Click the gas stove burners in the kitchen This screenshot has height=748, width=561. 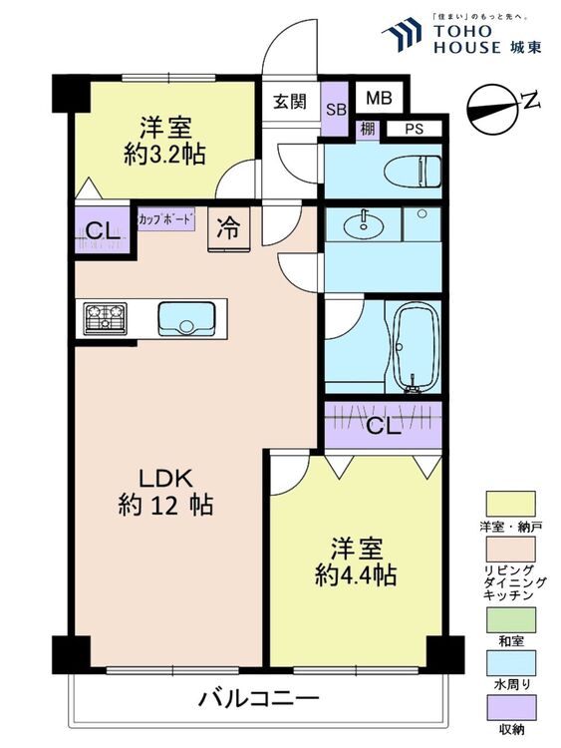103,319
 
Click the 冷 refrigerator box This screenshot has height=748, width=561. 228,227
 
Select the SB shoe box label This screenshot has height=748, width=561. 336,109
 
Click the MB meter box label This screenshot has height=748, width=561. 378,98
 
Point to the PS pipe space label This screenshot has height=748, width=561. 415,129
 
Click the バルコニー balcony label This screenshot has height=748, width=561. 258,697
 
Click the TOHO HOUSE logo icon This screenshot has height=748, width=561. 405,34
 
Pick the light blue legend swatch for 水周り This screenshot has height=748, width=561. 509,663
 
